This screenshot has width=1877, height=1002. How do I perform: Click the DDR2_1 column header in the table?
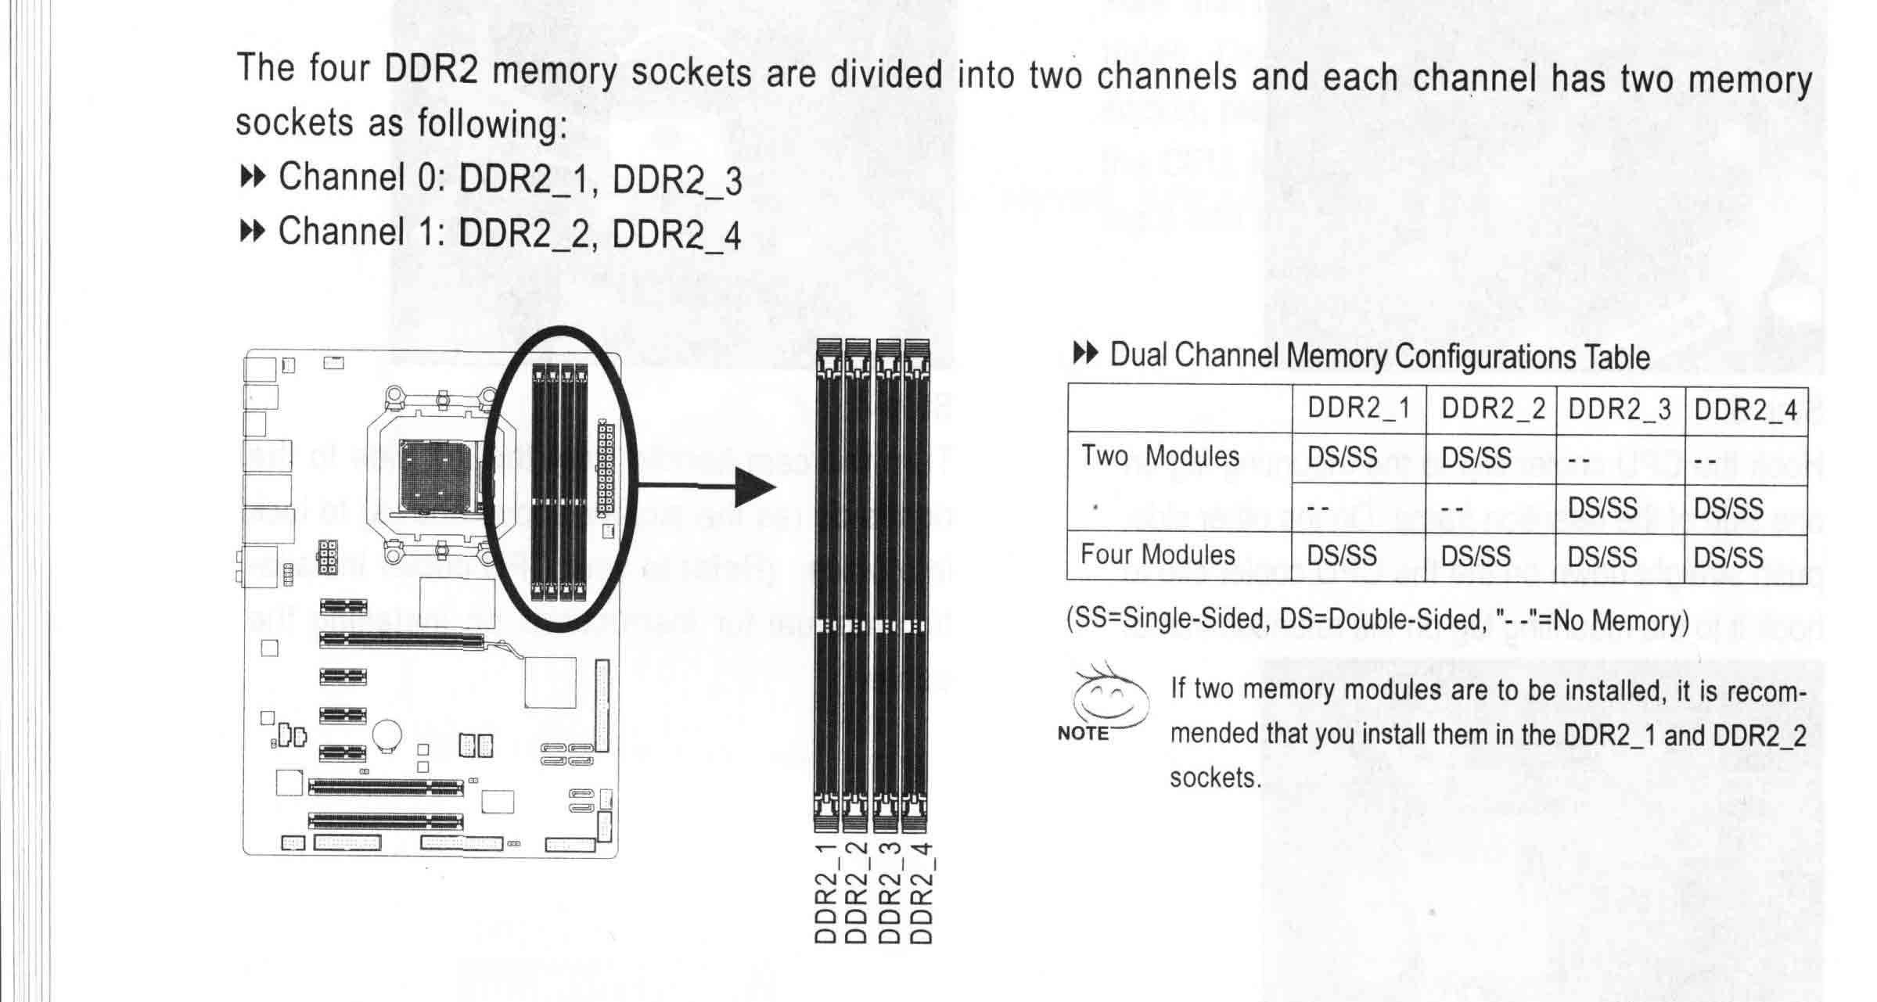point(1358,408)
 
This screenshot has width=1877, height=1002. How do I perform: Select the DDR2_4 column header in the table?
point(1746,410)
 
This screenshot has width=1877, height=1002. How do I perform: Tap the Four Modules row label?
point(1157,555)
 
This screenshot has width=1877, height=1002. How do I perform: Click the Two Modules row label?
point(1160,456)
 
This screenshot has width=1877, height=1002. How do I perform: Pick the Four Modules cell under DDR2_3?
point(1602,557)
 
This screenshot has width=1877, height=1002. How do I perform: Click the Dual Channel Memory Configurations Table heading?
point(1379,357)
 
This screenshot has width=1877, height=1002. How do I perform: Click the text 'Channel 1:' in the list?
point(362,232)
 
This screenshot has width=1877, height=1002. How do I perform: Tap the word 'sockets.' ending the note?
point(1215,778)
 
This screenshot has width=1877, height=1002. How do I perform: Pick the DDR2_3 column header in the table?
point(1620,409)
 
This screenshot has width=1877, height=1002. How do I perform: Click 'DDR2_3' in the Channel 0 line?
point(677,180)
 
